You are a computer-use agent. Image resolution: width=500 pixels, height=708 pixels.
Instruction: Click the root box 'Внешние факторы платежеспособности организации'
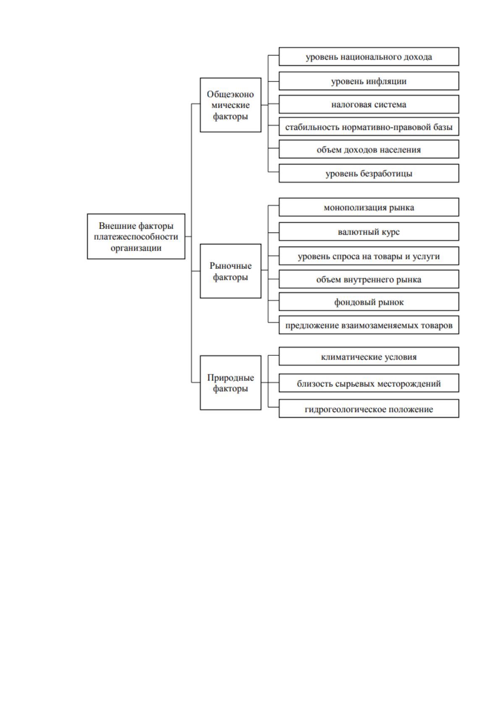[x=136, y=236]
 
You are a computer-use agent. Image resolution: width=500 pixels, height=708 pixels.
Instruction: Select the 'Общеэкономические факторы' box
[x=230, y=105]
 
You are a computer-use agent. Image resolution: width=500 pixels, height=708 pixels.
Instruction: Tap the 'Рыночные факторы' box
[x=230, y=271]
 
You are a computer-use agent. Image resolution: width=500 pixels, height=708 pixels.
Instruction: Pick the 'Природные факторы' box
[x=230, y=383]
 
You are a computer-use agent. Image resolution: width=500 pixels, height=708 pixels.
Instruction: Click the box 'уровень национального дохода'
[x=369, y=57]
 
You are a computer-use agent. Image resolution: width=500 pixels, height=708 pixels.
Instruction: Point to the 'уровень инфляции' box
[x=369, y=81]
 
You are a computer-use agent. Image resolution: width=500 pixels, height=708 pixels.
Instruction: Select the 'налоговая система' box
[x=369, y=104]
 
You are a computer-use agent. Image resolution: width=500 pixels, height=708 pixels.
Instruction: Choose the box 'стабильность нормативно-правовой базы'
[x=369, y=127]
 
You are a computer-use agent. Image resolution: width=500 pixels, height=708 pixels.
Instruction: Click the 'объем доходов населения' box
[x=369, y=149]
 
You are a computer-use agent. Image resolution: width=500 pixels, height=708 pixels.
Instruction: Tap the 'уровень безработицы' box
[x=369, y=173]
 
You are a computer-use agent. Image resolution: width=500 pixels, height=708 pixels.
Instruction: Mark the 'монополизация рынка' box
[x=369, y=207]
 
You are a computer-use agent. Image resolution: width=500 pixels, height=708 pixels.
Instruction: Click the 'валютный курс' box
[x=369, y=232]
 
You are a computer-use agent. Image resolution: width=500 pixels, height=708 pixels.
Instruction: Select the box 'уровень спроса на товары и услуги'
[x=369, y=256]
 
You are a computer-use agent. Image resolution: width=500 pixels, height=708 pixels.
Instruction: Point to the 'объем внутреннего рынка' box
[x=369, y=279]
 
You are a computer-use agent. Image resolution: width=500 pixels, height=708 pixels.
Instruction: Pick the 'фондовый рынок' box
[x=369, y=302]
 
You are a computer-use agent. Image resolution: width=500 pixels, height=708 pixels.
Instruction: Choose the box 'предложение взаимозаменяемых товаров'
[x=369, y=325]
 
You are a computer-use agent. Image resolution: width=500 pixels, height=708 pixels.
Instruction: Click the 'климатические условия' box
[x=369, y=356]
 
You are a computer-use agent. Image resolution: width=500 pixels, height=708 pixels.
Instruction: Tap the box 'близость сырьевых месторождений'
[x=369, y=383]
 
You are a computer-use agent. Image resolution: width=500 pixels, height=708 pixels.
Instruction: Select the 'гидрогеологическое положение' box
[x=369, y=409]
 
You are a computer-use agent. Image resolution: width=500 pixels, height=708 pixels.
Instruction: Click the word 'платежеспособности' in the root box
[x=136, y=237]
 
